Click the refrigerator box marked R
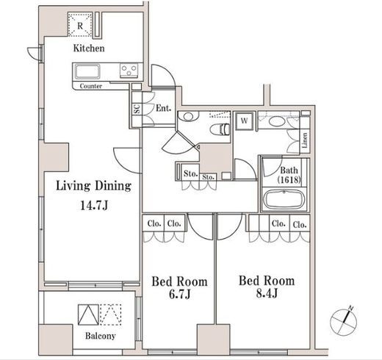[x=80, y=25]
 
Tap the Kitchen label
[x=89, y=48]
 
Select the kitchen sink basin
[x=87, y=71]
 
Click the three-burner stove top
[x=129, y=71]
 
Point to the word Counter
[x=91, y=86]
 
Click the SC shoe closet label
[x=137, y=109]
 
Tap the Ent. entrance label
[x=164, y=108]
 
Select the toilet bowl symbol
[x=220, y=129]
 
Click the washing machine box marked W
[x=244, y=120]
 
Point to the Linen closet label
[x=305, y=140]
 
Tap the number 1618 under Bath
[x=289, y=180]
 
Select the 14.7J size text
[x=94, y=206]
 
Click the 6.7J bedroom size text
[x=179, y=294]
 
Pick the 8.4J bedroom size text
[x=267, y=293]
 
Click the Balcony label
[x=101, y=336]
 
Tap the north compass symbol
[x=344, y=321]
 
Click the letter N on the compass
[x=351, y=308]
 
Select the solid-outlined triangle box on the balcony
[x=88, y=314]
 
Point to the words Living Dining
[x=94, y=186]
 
